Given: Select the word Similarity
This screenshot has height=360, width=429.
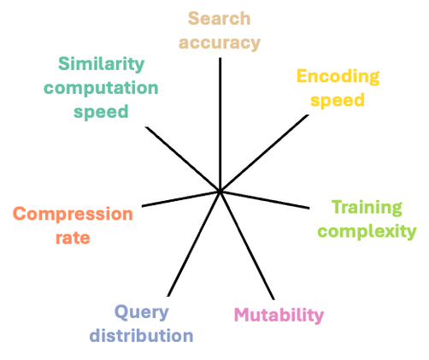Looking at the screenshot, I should pyautogui.click(x=101, y=63).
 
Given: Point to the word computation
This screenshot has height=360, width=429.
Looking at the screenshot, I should pyautogui.click(x=101, y=87).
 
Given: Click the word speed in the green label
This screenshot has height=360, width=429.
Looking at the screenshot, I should pyautogui.click(x=101, y=111).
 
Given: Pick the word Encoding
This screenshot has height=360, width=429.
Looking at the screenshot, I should pyautogui.click(x=338, y=76).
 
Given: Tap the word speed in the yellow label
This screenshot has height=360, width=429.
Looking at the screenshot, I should pyautogui.click(x=338, y=99).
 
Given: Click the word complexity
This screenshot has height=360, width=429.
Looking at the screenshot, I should pyautogui.click(x=365, y=231).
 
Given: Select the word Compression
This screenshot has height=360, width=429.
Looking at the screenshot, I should pyautogui.click(x=73, y=213).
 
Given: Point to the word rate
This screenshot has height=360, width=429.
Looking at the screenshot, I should pyautogui.click(x=73, y=237).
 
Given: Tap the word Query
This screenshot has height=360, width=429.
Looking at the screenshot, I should pyautogui.click(x=142, y=311).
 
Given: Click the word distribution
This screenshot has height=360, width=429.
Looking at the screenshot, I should pyautogui.click(x=142, y=335).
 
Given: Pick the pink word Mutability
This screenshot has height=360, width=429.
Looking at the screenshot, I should pyautogui.click(x=279, y=315).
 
